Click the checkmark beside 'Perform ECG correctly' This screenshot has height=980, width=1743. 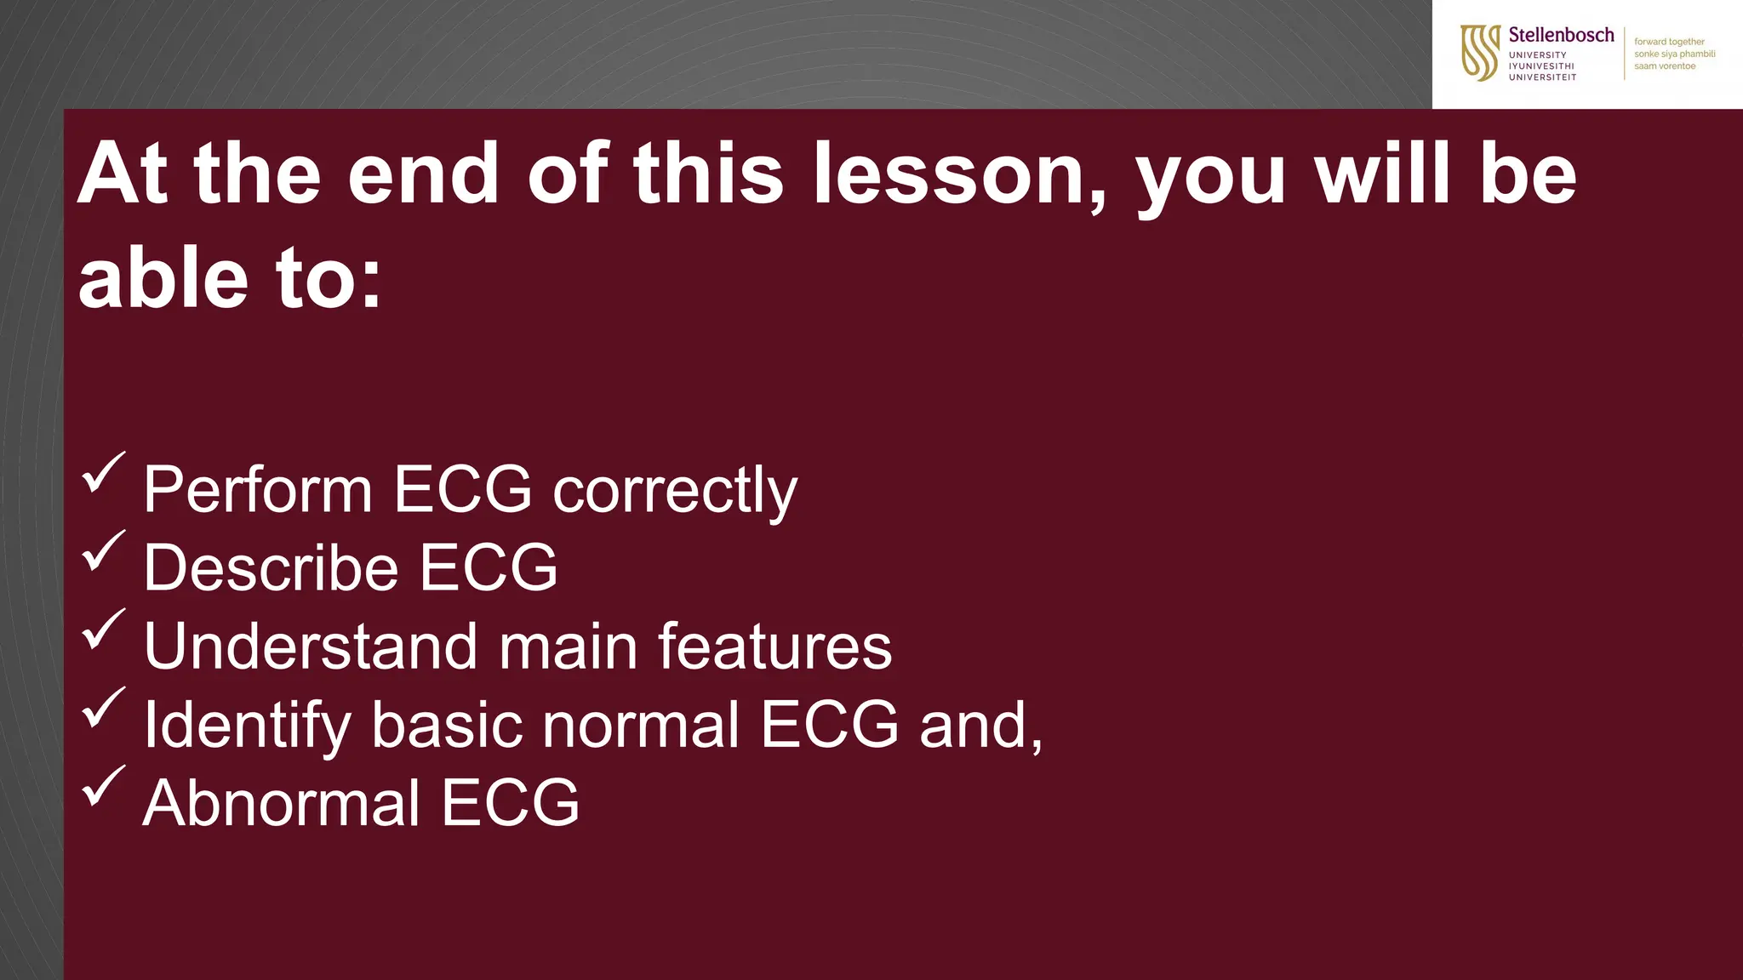(104, 473)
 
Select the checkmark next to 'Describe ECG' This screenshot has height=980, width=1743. (104, 551)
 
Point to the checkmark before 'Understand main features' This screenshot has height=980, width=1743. (104, 630)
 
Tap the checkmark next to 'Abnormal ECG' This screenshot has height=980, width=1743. (104, 787)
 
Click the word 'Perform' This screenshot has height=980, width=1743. (258, 491)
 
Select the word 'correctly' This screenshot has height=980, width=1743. (675, 491)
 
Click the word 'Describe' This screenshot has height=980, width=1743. (271, 568)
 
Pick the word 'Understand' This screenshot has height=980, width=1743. (311, 647)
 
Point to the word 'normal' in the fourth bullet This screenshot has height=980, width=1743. (641, 726)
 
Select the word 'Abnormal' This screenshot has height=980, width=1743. (281, 804)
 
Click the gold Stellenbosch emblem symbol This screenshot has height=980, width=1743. (1479, 53)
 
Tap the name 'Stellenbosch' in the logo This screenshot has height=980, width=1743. (1561, 35)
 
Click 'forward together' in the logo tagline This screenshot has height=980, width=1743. (1669, 42)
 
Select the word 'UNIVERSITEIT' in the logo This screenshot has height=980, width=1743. (1542, 77)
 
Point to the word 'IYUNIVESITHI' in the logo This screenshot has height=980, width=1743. (1541, 66)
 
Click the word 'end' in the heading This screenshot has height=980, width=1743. (423, 174)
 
